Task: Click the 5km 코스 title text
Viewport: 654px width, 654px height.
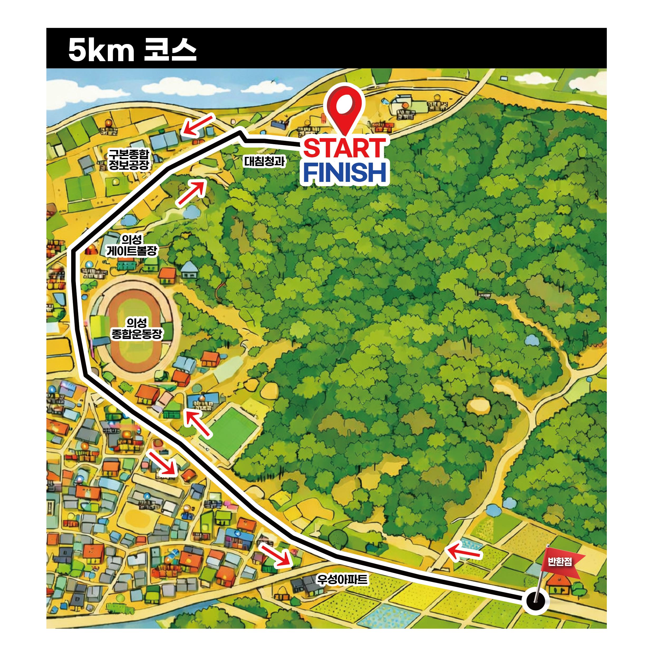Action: [132, 50]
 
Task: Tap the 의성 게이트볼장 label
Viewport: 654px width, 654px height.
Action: [132, 246]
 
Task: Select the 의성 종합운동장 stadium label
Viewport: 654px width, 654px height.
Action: [137, 328]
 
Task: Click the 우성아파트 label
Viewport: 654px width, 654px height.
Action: [341, 580]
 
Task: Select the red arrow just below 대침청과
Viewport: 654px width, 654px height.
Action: [192, 193]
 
